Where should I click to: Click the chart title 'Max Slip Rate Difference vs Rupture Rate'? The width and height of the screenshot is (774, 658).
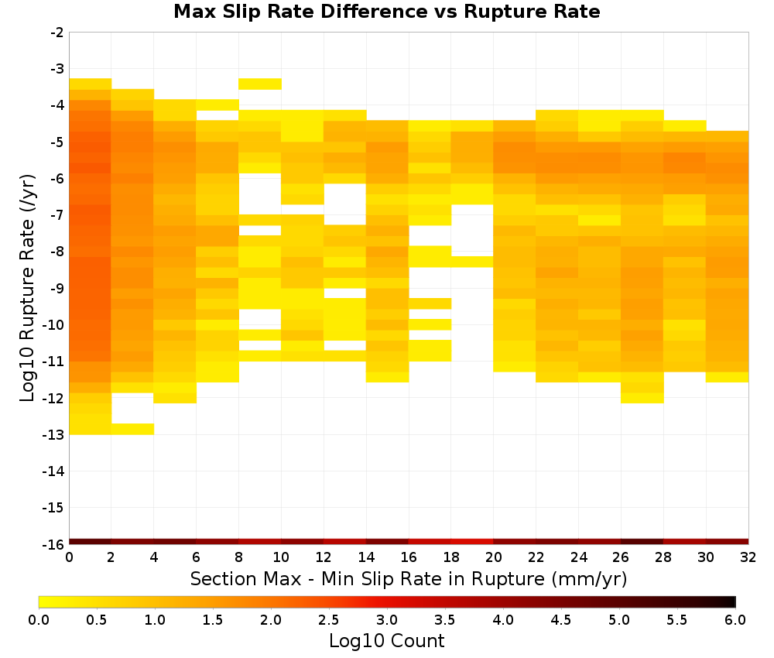(386, 12)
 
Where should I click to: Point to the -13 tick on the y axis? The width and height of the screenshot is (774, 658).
(58, 435)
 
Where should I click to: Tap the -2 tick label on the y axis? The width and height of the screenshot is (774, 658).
(58, 33)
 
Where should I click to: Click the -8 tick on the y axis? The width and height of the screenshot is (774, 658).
(58, 252)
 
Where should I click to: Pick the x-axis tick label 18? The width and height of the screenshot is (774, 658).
(451, 557)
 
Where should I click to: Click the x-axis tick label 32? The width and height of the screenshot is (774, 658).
(748, 557)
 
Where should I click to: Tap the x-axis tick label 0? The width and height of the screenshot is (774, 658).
(69, 557)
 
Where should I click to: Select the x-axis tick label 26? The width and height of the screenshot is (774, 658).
(621, 557)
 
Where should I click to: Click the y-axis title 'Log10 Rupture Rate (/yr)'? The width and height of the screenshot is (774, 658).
(27, 288)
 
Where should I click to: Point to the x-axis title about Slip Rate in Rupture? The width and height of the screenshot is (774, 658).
(408, 578)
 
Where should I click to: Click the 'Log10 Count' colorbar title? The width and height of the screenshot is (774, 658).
(386, 641)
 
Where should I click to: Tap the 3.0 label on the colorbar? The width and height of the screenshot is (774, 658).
(387, 620)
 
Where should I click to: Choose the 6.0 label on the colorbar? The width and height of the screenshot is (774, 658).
(735, 620)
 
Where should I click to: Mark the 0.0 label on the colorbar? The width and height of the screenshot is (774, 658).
(39, 620)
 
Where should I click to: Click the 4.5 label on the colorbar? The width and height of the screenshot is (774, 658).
(561, 620)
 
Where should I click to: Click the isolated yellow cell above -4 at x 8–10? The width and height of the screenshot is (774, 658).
(260, 84)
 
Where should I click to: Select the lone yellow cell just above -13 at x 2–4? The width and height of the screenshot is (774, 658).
(133, 429)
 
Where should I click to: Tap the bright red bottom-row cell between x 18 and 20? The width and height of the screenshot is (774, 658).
(472, 542)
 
